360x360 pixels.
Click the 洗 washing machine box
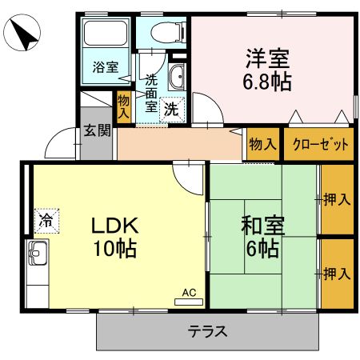pos(170,110)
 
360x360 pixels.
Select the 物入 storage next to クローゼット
pos(262,145)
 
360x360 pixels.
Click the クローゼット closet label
pos(319,145)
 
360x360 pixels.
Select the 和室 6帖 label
pos(262,237)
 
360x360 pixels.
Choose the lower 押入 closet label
pos(336,274)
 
